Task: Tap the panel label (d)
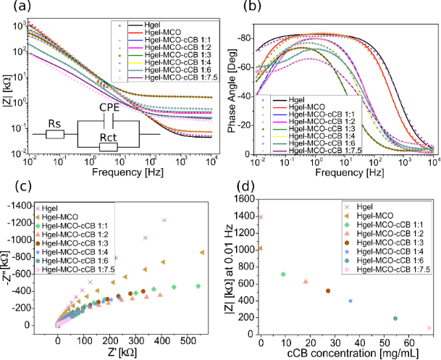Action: pos(233,191)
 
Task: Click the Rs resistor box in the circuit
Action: pos(54,134)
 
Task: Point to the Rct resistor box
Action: pos(109,146)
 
